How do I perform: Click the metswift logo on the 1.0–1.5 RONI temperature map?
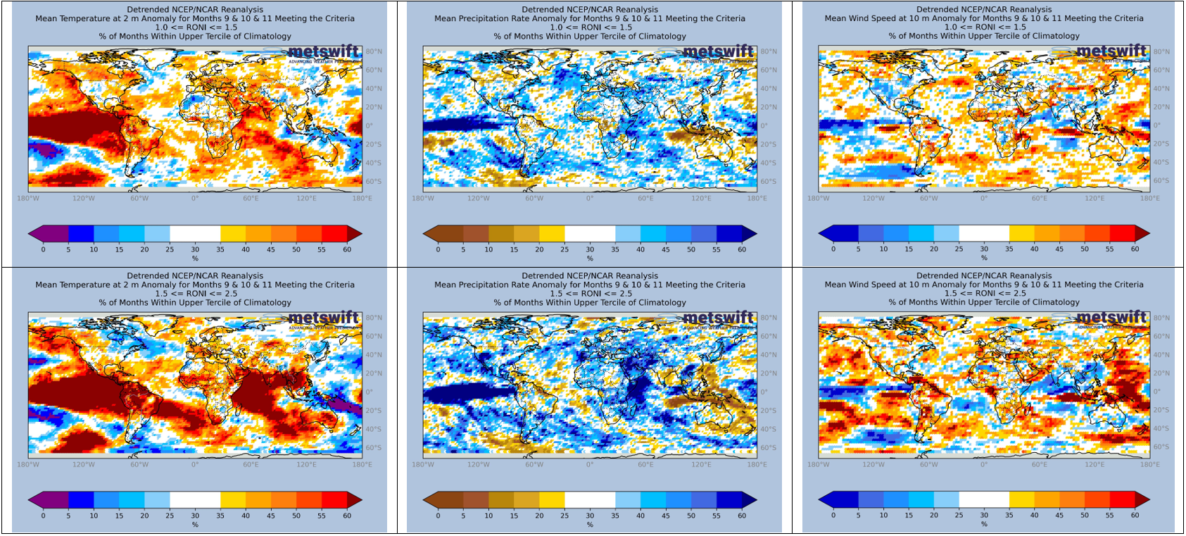pos(323,52)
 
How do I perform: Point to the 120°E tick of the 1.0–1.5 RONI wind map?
pos(1094,199)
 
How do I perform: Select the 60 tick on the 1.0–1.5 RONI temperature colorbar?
pos(347,249)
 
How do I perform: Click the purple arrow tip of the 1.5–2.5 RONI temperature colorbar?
pos(33,499)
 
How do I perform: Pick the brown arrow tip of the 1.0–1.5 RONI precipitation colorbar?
pos(428,234)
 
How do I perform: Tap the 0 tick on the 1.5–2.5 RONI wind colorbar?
pos(833,516)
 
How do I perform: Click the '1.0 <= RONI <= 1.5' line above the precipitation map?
pos(590,27)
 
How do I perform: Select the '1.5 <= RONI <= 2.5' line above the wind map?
pos(984,294)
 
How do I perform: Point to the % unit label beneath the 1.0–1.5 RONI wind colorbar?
pos(984,258)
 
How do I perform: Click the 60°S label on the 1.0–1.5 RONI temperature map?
pos(373,182)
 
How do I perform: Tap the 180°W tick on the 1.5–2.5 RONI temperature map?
pos(28,465)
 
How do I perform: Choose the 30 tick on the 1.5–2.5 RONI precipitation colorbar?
pos(590,516)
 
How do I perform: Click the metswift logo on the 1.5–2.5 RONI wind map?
pos(1112,318)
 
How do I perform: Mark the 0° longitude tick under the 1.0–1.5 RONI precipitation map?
pos(590,199)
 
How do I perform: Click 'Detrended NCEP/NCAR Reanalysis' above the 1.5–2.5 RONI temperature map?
pos(195,276)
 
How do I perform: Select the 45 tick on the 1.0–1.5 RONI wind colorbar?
pos(1059,249)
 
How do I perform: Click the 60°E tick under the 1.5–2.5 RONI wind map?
pos(1040,465)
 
